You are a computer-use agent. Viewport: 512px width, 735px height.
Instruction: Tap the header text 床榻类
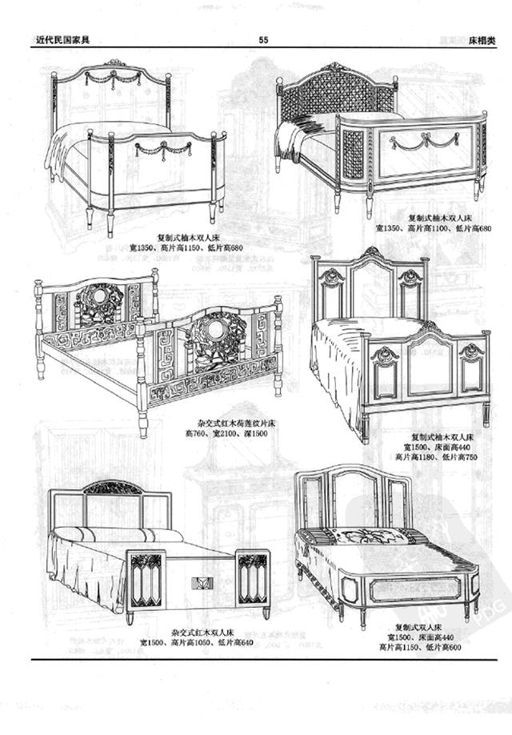click(x=482, y=38)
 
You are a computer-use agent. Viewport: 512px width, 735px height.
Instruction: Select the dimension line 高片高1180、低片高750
click(x=436, y=457)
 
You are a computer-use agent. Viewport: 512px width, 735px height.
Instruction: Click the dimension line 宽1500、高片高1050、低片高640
click(x=197, y=642)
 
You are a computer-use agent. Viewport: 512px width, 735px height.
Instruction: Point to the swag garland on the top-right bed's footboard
click(x=424, y=142)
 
